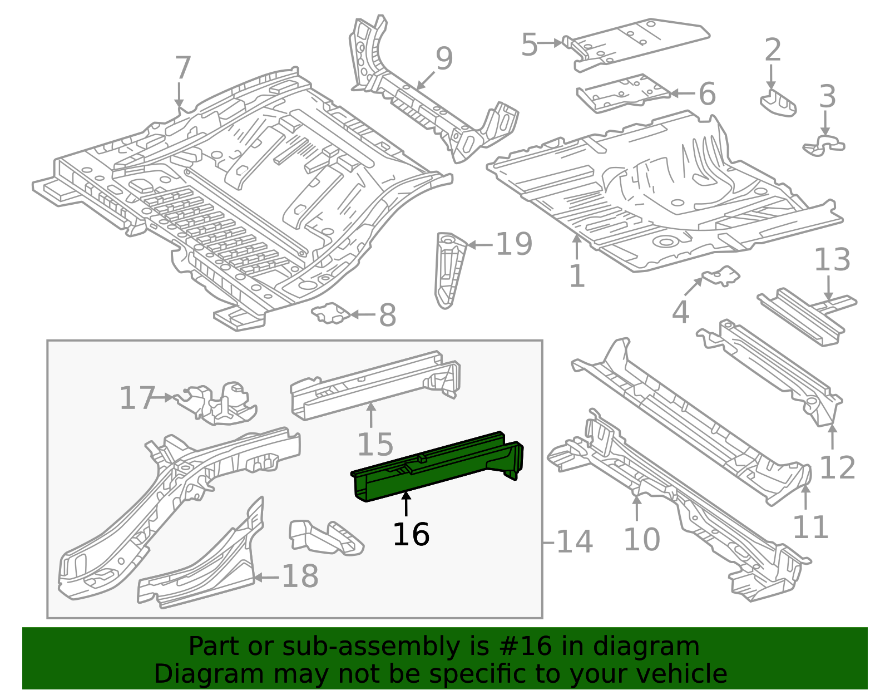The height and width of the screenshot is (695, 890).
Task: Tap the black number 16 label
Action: pos(411,534)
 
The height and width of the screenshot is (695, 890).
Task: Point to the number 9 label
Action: pos(444,58)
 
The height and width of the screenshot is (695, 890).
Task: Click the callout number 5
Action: pos(529,45)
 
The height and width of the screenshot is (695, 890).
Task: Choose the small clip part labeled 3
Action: pos(823,145)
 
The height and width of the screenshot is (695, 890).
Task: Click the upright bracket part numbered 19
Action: pos(449,270)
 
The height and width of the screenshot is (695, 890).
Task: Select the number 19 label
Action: pos(514,244)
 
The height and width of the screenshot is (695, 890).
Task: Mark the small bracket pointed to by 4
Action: pos(721,275)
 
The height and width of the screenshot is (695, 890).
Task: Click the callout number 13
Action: pos(832,260)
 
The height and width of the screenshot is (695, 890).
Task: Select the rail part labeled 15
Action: pos(375,385)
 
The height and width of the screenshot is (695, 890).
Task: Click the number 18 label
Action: pos(300,576)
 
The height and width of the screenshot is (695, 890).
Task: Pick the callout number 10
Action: pos(642,539)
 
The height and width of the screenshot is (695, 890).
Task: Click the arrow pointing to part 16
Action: pos(406,504)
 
